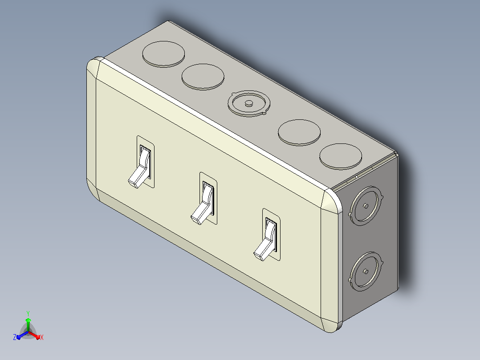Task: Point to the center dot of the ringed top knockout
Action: [x=248, y=103]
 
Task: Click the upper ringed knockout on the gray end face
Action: [x=366, y=205]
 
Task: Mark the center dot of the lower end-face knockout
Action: [x=366, y=271]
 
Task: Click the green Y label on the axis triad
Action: [x=28, y=314]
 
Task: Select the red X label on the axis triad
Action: [x=42, y=337]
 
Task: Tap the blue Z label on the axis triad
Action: [x=15, y=337]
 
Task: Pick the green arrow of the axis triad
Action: [x=28, y=325]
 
